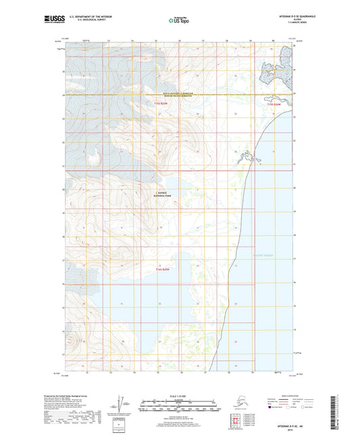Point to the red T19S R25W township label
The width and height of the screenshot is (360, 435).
click(159, 103)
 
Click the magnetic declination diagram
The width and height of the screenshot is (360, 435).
click(122, 402)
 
